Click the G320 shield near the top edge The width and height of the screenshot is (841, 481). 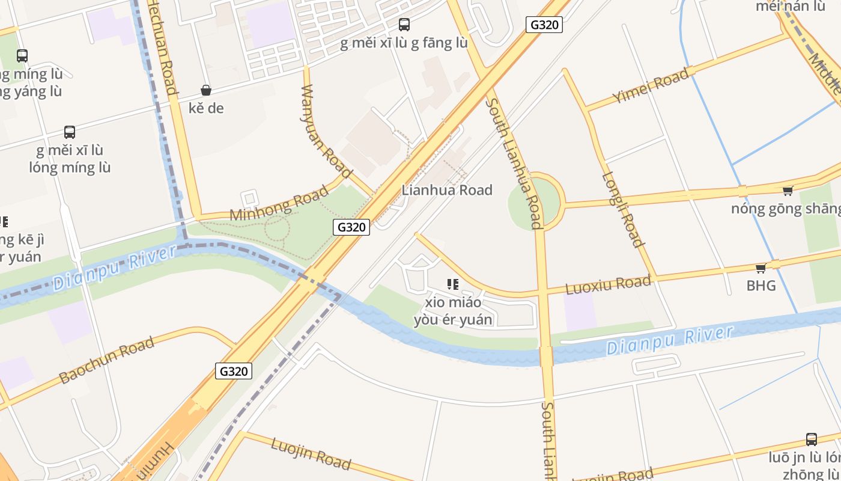point(544,25)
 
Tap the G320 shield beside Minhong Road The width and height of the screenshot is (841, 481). point(351,227)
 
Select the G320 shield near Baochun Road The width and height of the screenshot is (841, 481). point(234,371)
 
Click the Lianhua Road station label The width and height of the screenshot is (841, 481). point(447,190)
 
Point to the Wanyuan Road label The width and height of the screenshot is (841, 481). point(326,131)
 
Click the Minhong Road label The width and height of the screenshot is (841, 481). point(279,203)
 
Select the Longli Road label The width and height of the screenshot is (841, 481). point(623,210)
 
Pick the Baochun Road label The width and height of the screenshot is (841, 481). point(107,361)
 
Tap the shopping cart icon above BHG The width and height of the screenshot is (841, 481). point(761,268)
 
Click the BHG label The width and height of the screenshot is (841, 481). point(761,286)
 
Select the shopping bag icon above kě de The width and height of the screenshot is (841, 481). point(206,90)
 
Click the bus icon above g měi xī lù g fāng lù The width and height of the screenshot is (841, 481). point(404,25)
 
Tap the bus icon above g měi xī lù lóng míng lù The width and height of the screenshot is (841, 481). point(70,132)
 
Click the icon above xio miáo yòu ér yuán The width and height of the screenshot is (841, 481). point(453,284)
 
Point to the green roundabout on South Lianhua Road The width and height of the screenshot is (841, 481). point(534,201)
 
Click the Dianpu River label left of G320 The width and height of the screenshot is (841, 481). point(115,265)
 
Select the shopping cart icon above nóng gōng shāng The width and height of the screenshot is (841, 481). point(788,191)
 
